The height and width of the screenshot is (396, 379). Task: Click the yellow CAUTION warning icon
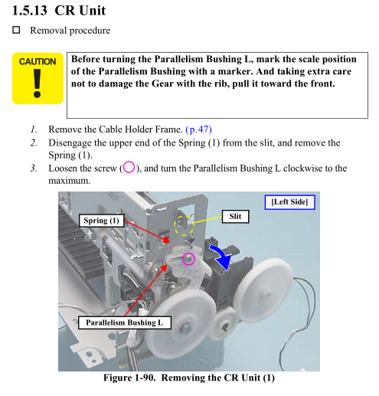coord(38,78)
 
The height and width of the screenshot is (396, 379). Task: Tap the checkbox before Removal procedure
coord(16,30)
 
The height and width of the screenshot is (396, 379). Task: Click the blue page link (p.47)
coord(198,129)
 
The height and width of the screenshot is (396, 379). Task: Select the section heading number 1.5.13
coord(29,11)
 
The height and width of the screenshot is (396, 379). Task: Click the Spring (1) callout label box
coord(101,221)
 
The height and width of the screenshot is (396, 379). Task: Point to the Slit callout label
coord(235,217)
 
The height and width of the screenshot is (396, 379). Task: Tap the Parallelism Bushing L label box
coord(124,322)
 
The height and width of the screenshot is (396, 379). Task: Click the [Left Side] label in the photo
coord(289,202)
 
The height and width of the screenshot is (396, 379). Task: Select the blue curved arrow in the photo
coord(221,256)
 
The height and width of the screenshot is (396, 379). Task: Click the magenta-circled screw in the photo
coord(188,259)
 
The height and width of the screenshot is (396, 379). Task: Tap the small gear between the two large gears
coord(224,323)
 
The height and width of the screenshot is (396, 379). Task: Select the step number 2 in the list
coord(34,143)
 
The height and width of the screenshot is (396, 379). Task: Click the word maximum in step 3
coord(70,181)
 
